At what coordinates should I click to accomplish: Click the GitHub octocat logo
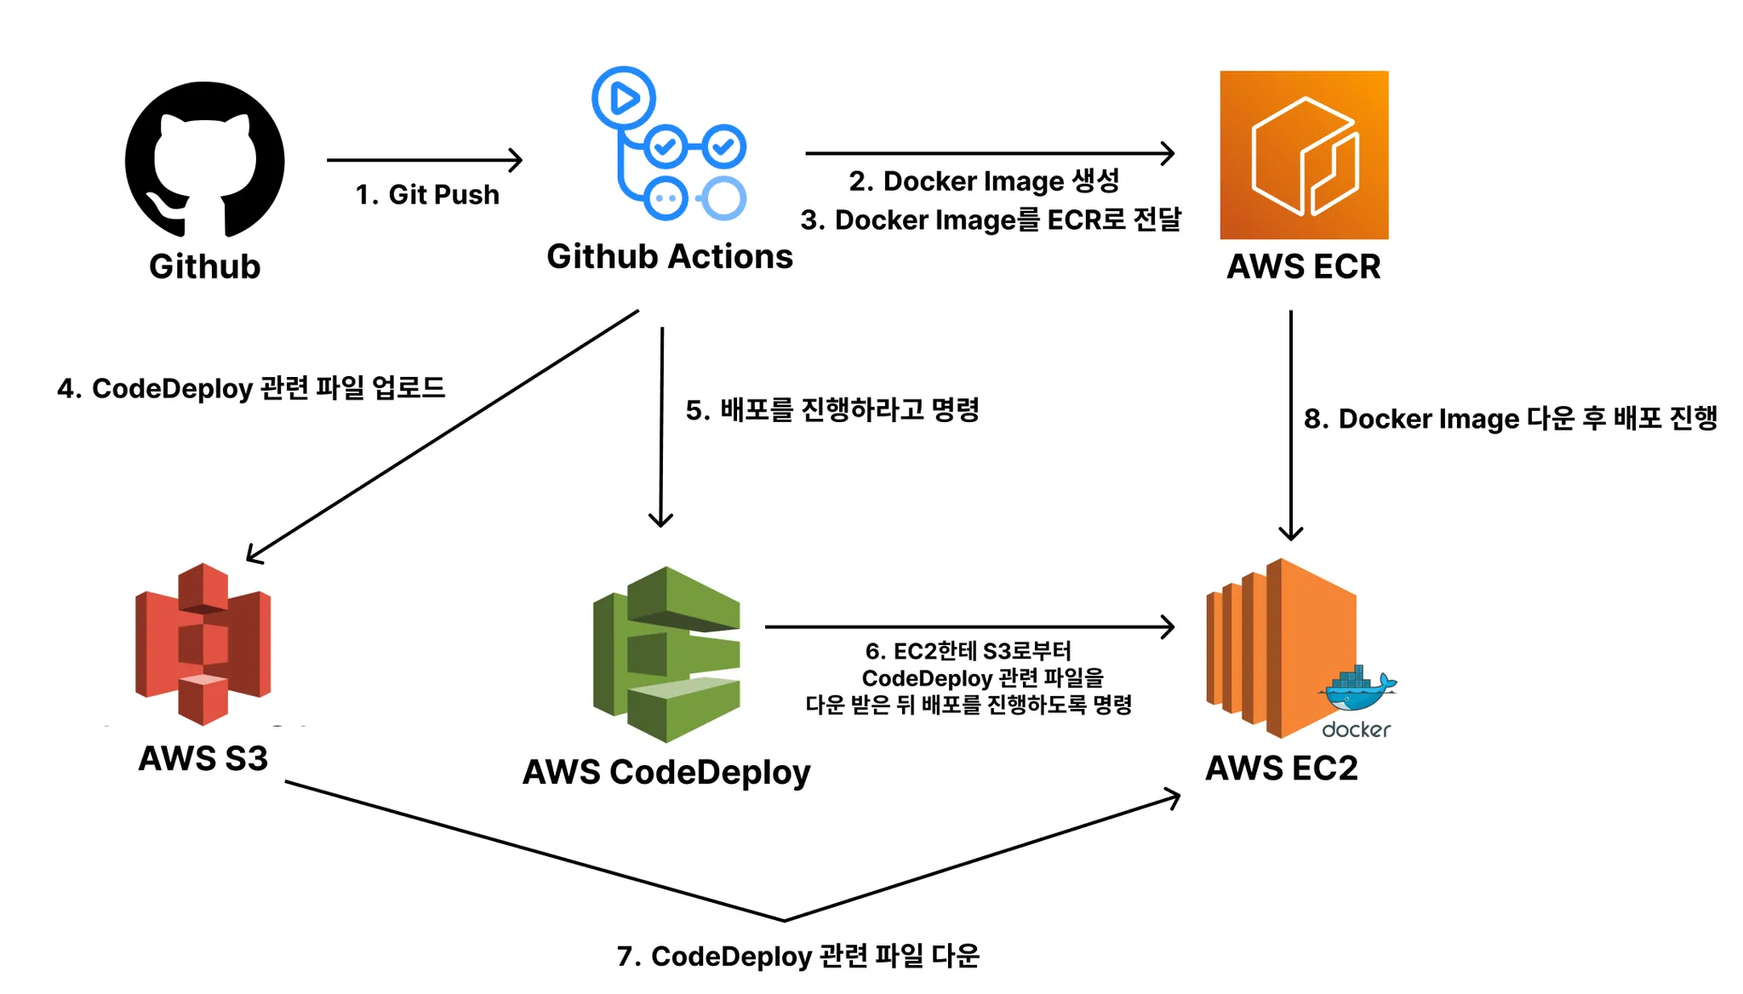pos(204,159)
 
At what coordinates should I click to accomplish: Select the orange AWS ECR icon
pos(1304,155)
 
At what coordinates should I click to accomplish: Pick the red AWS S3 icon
pos(203,643)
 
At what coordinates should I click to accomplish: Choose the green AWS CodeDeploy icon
pos(666,654)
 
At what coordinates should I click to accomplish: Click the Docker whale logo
pos(1357,690)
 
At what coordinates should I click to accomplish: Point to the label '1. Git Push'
pos(427,195)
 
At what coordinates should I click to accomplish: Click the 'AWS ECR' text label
pos(1303,266)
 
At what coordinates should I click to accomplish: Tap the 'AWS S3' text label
pos(203,758)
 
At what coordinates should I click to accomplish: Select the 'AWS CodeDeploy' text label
pos(666,772)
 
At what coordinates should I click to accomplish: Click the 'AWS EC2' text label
pos(1282,768)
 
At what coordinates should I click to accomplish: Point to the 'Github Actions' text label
pos(670,256)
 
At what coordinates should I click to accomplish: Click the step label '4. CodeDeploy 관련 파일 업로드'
pos(251,388)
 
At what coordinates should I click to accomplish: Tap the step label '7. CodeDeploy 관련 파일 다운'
pos(798,956)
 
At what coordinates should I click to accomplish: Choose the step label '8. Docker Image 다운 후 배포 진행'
pos(1511,419)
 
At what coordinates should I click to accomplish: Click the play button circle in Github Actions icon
pos(624,98)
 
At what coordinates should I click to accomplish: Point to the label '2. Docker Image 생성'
pos(984,181)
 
